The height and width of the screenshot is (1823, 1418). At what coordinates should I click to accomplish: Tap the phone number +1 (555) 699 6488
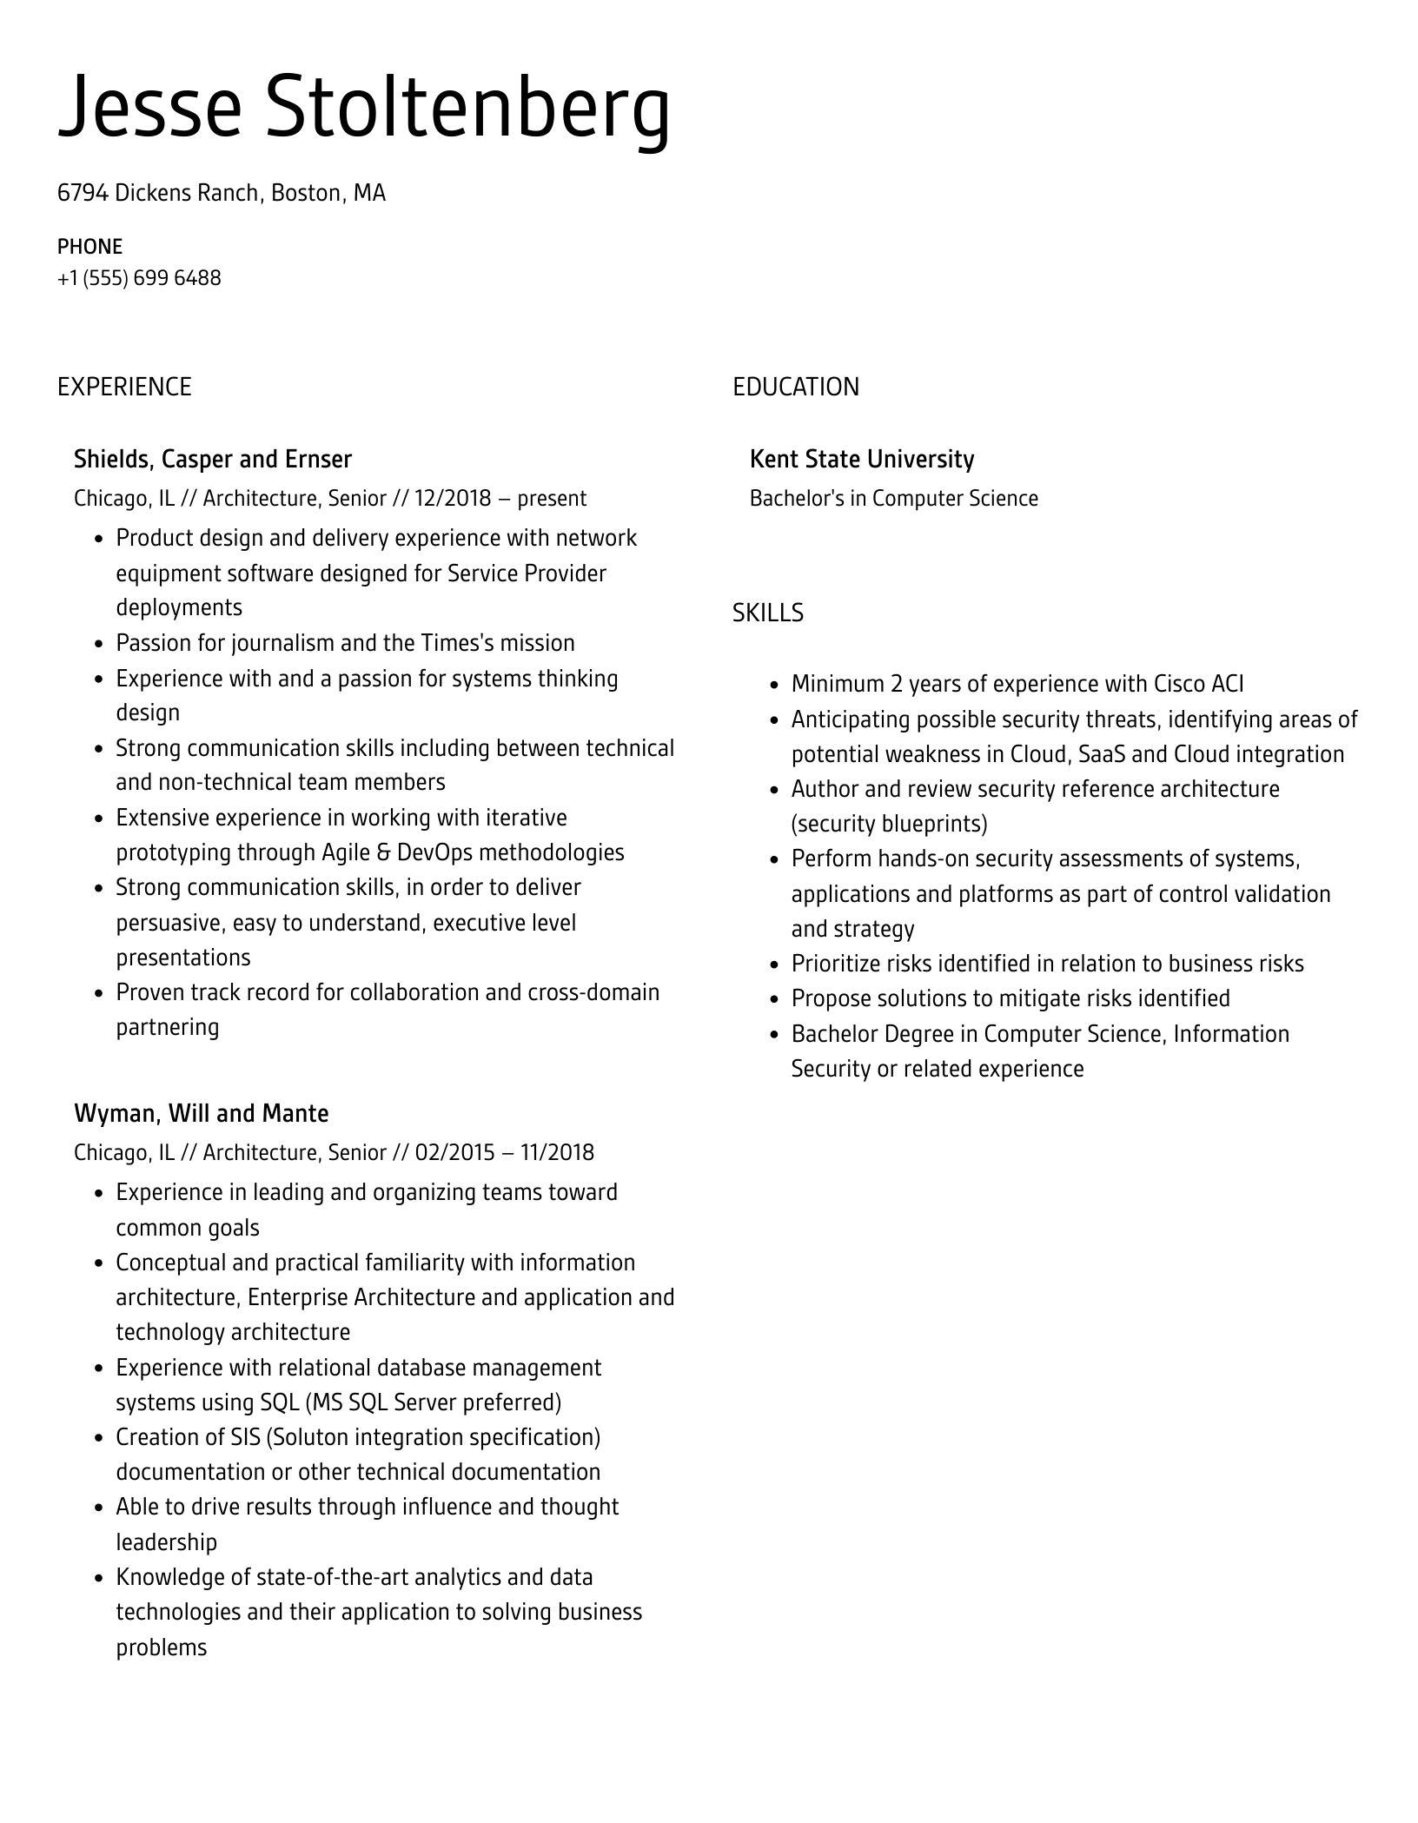tap(139, 278)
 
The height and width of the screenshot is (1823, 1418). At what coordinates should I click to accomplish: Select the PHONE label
tap(89, 247)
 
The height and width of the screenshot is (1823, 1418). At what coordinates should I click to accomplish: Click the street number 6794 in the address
tap(83, 193)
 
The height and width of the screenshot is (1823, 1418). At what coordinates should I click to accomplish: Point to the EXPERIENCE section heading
tap(124, 387)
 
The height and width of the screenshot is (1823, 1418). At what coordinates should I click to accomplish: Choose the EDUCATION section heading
tap(795, 387)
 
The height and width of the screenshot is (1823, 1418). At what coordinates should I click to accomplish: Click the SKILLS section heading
tap(767, 613)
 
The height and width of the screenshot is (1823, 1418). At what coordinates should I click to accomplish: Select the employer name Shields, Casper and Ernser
tap(213, 459)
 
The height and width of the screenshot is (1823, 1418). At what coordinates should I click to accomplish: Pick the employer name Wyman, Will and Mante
tap(201, 1113)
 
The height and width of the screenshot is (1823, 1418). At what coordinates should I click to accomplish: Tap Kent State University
tap(861, 459)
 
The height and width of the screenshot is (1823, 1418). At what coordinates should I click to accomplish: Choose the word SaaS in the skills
tap(1101, 754)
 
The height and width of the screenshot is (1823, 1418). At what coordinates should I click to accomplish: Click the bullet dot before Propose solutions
tap(774, 999)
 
